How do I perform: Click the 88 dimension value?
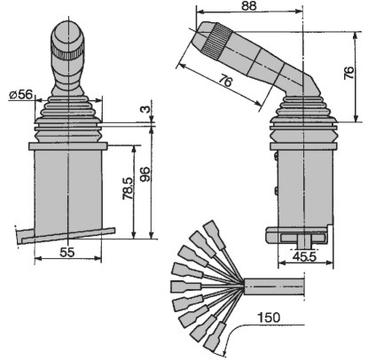coord(249,6)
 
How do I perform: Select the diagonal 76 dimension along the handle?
coord(226,81)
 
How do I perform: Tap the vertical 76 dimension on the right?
coord(349,73)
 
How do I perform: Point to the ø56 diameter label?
coord(20,95)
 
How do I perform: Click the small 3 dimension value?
coord(145,109)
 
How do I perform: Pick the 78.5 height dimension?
coord(129,188)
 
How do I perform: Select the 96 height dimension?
coord(145,175)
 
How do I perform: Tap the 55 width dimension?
coord(67,252)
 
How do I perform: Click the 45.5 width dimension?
coord(304,256)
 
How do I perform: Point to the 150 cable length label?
coord(269,317)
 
